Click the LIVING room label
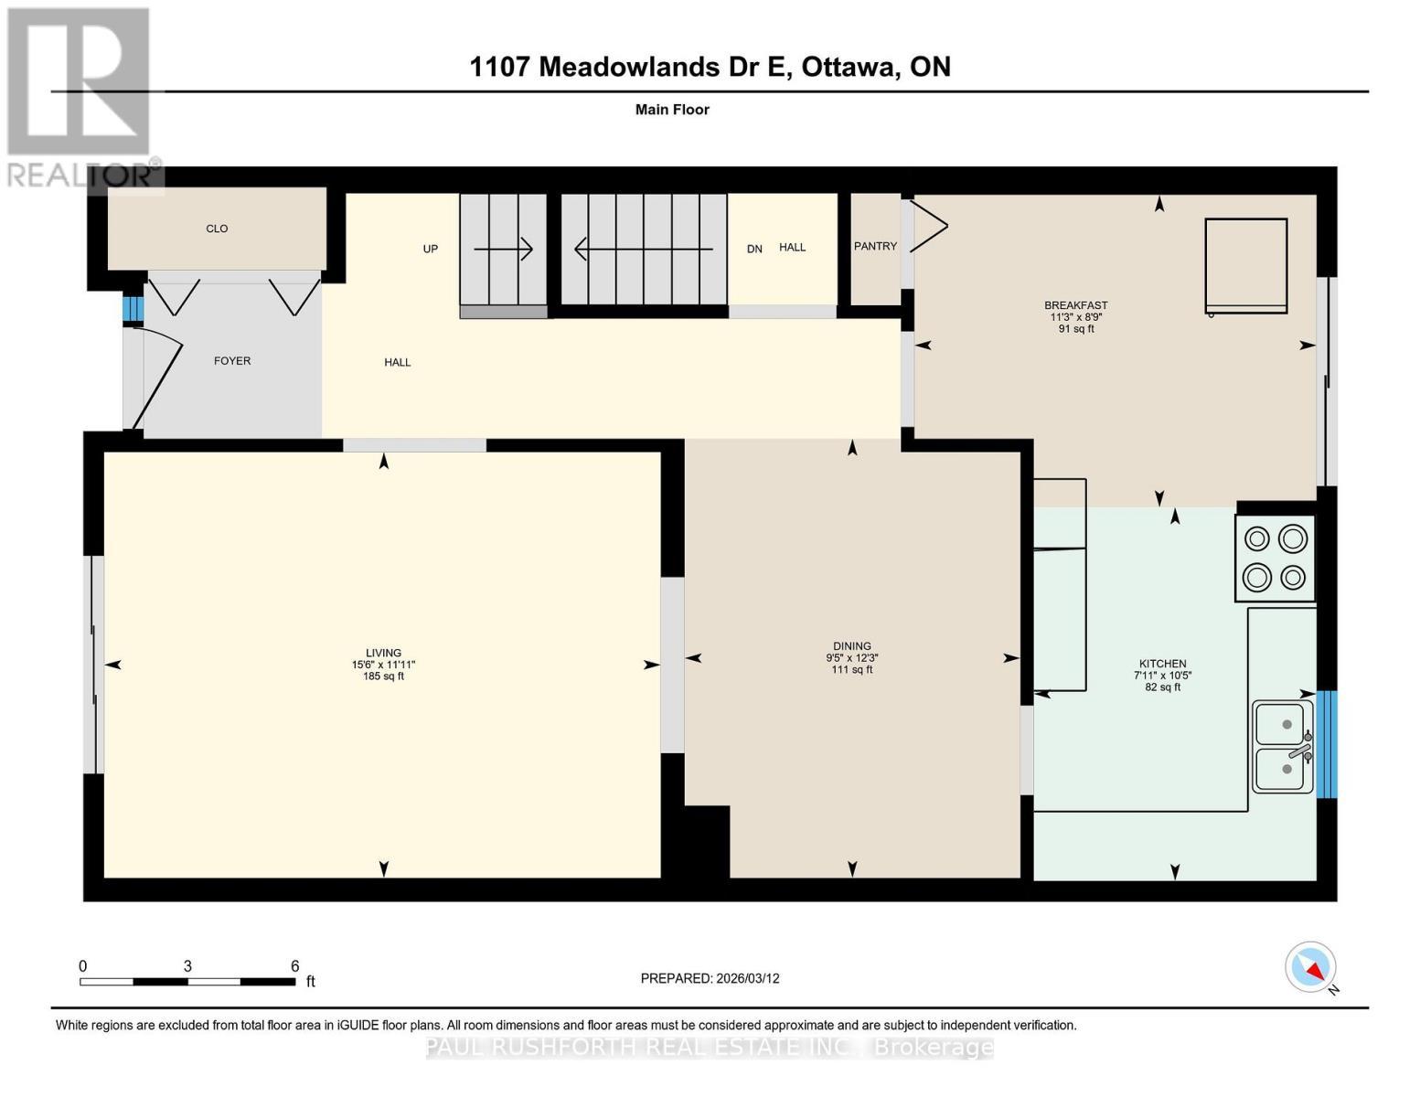point(383,653)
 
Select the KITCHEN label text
point(1162,664)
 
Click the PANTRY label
point(875,246)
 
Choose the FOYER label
point(232,361)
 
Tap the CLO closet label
point(217,229)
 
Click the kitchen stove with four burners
point(1275,558)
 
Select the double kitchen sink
point(1284,746)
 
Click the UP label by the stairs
point(431,249)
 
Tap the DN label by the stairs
point(754,249)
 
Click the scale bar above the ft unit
point(187,982)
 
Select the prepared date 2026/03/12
point(710,978)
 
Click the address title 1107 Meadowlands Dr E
point(710,67)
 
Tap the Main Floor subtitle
point(672,110)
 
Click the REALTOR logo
point(80,96)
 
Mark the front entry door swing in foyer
point(155,375)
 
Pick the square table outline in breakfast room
point(1245,265)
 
